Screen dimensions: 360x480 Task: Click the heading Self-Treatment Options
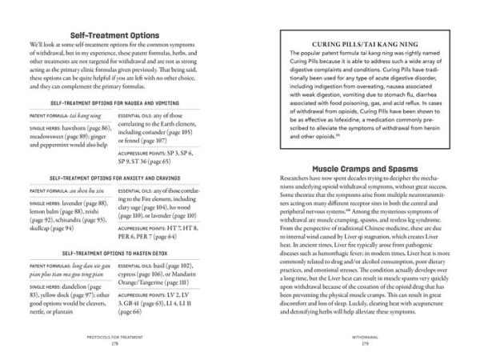[120, 37]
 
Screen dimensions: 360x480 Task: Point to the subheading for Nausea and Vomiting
[120, 103]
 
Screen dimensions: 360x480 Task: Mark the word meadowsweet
[50, 136]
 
